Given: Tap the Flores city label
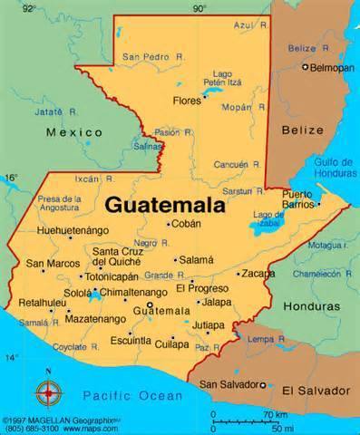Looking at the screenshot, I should coord(187,101).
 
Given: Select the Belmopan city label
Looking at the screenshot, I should coord(331,68).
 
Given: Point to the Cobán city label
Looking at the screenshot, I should coord(187,223).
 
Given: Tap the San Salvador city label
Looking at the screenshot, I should coord(228,384).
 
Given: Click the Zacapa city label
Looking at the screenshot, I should coord(257,273).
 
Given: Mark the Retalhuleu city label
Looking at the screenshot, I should coord(36,304).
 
